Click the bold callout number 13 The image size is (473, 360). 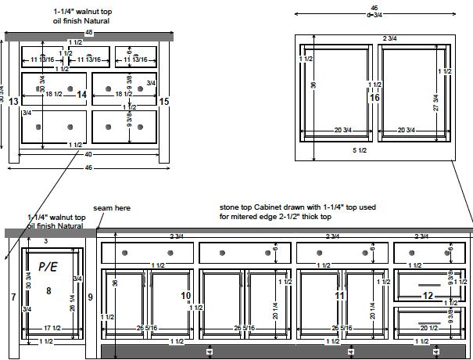click(14, 101)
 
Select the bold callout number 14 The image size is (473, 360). click(81, 95)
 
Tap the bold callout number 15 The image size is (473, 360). click(163, 101)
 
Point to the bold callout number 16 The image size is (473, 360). click(374, 98)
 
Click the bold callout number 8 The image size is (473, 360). click(48, 290)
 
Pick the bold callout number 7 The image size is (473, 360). click(13, 297)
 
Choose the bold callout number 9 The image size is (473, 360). click(90, 297)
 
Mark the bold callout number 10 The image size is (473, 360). click(186, 295)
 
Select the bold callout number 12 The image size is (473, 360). click(427, 295)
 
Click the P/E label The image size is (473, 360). click(48, 268)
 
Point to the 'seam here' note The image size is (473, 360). click(112, 208)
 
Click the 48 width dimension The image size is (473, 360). click(88, 34)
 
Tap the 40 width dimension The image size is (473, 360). click(88, 154)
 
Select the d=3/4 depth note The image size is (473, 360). click(374, 14)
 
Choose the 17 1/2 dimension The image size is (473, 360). click(53, 328)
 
